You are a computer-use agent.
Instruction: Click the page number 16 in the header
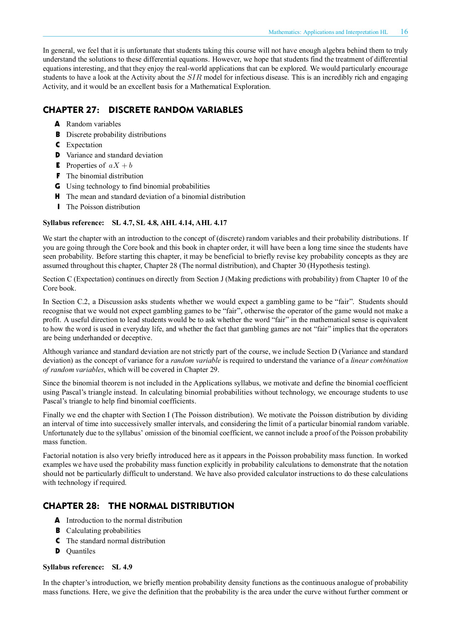404,31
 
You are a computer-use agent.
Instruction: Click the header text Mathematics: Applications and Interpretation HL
328,32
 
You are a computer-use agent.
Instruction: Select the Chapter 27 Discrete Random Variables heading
143,110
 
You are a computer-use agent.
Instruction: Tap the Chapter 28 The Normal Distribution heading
138,506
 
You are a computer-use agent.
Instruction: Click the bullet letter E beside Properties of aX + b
58,165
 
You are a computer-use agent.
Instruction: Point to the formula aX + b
120,166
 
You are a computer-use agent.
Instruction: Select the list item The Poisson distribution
103,207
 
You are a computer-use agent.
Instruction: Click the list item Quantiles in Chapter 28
81,551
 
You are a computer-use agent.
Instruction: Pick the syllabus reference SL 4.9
122,567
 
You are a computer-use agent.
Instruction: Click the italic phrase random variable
196,361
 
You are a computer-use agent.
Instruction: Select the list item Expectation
84,145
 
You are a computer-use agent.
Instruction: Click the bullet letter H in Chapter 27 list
57,196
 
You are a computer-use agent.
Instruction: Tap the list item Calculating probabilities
103,530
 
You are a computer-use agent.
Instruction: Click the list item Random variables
94,124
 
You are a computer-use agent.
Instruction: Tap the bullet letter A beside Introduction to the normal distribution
57,520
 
